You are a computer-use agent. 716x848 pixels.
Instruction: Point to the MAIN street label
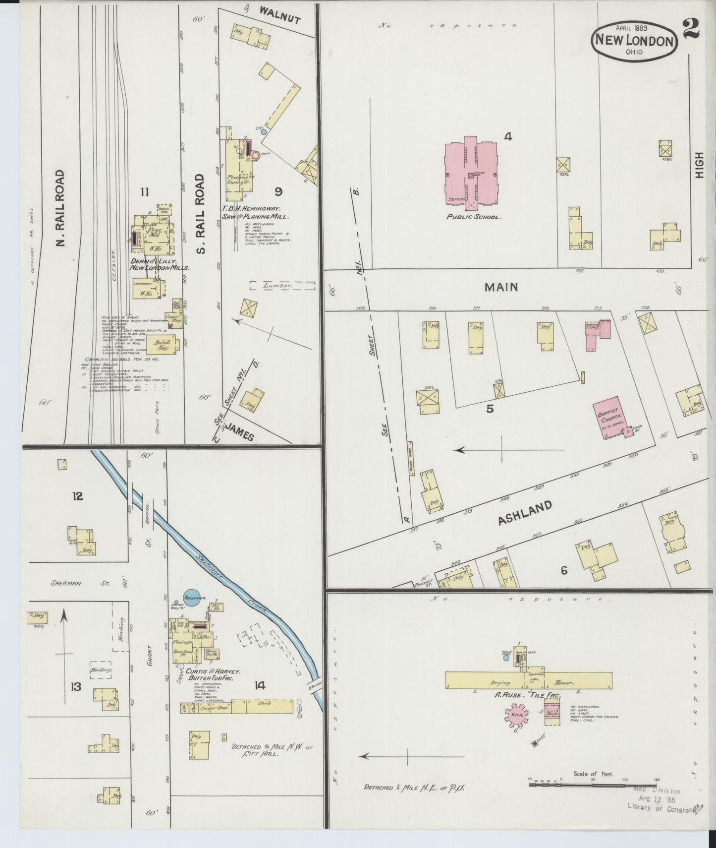coord(501,287)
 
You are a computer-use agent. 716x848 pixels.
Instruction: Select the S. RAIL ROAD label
coord(200,213)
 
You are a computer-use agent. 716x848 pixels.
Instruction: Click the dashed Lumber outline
coord(282,286)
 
